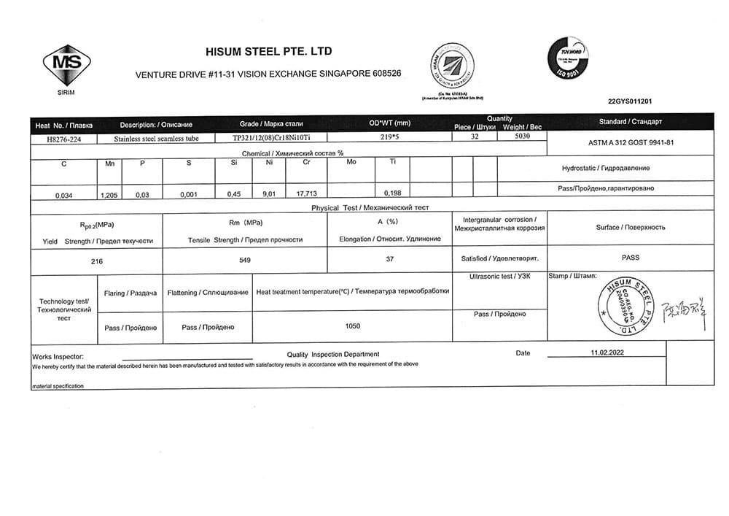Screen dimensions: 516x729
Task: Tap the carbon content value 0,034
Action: point(64,195)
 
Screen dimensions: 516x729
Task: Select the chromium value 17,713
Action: point(306,193)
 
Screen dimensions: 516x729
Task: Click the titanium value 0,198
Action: point(392,193)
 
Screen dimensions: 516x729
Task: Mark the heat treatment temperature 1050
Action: point(353,326)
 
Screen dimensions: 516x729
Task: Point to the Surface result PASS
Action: point(630,258)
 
